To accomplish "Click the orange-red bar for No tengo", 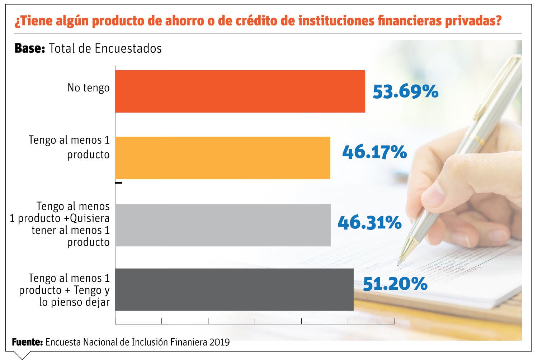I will [240, 91].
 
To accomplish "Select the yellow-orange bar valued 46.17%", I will [222, 158].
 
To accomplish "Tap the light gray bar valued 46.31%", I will [223, 225].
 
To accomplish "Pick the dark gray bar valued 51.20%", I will [234, 289].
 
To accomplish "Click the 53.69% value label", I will [405, 91].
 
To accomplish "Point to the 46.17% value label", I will [374, 152].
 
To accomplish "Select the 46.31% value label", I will [369, 222].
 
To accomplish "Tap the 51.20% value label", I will [395, 284].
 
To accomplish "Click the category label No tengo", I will [89, 88].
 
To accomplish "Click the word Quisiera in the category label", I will [90, 218].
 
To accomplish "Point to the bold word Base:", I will [30, 48].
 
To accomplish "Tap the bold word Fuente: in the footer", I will [27, 342].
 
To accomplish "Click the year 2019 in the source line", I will [220, 342].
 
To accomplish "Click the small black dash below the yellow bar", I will [119, 183].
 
